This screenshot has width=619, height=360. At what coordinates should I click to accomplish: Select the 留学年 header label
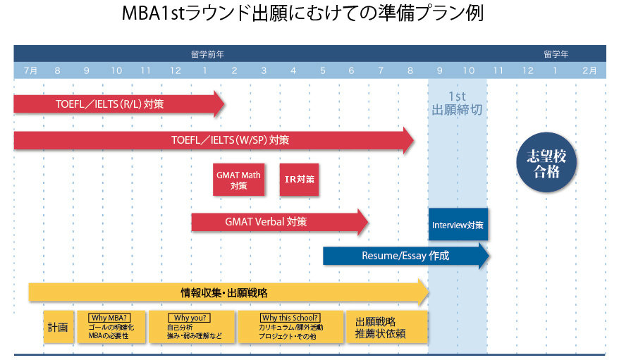(556, 54)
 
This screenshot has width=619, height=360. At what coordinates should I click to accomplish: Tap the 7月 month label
(30, 70)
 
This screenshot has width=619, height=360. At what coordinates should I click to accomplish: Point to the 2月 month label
(589, 70)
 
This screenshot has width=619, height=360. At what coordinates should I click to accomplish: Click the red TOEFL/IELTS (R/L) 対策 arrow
(113, 104)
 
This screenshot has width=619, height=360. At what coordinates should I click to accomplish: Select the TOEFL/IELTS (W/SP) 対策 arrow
(212, 140)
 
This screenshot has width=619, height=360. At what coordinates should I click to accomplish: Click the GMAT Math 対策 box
(238, 180)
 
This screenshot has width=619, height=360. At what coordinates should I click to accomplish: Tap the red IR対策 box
(299, 180)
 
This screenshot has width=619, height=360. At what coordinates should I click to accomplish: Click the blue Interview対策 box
(458, 225)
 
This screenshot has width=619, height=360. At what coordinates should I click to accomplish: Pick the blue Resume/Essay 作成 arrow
(405, 256)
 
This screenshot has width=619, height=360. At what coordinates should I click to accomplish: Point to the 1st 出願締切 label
(457, 103)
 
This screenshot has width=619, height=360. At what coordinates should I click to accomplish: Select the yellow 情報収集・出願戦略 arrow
(226, 292)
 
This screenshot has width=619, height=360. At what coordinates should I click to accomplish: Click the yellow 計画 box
(58, 328)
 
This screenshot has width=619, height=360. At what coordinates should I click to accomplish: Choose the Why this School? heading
(290, 318)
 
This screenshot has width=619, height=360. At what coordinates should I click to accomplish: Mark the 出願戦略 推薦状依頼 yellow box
(386, 328)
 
